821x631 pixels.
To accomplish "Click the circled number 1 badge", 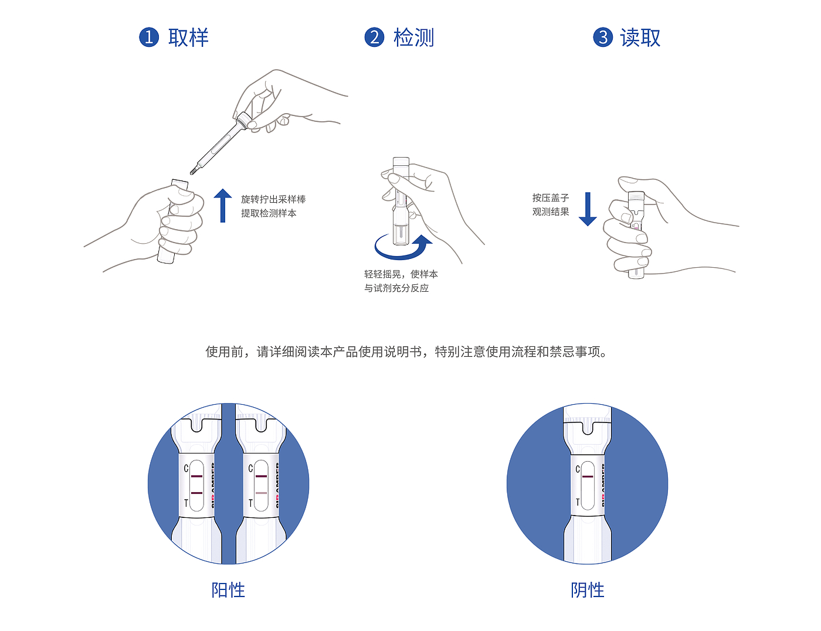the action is click(x=149, y=37).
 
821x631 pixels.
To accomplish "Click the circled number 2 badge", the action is click(x=374, y=37).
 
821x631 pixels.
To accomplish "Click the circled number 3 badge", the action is click(x=603, y=37).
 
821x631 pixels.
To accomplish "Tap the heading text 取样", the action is click(x=188, y=37).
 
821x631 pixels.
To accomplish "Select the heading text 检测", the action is click(x=414, y=37).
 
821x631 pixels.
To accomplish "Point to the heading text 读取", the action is click(x=640, y=37).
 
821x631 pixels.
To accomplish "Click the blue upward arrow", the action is click(x=222, y=206).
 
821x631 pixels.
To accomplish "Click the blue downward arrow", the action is click(x=588, y=209).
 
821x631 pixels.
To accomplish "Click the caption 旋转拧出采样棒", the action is click(x=273, y=199).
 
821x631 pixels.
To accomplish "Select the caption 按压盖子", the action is click(x=551, y=198).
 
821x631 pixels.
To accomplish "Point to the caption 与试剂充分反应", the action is click(x=396, y=288).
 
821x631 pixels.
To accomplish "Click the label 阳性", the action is click(x=228, y=590).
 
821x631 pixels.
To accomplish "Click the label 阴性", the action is click(x=588, y=590).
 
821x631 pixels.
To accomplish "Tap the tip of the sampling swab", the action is click(x=192, y=172).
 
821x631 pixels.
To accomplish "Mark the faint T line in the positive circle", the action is click(x=261, y=493).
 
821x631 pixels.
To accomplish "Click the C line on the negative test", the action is click(x=588, y=476).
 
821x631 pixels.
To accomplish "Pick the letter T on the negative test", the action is click(x=578, y=502).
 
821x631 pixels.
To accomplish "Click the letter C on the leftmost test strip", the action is click(x=186, y=468).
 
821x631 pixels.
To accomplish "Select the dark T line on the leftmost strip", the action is click(x=196, y=493).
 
